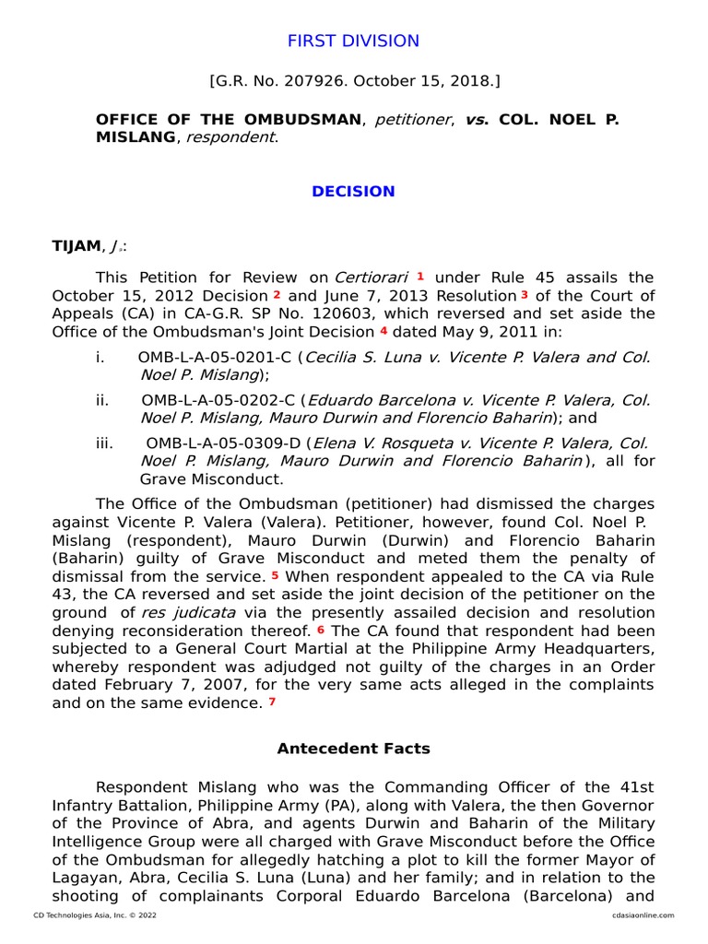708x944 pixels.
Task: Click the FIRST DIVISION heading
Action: pos(353,41)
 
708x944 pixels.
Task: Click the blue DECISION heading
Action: pos(353,192)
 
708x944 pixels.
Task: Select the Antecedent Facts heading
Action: pos(353,749)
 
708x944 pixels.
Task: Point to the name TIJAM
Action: pos(75,246)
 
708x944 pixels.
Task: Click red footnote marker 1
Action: pos(420,276)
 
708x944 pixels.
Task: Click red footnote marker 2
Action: pos(277,295)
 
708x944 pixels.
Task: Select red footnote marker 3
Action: pos(524,295)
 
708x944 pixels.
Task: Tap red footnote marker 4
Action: pos(383,331)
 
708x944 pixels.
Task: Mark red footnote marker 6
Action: pos(321,630)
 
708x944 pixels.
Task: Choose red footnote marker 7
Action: pos(272,702)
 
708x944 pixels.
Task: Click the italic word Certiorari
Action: pos(372,277)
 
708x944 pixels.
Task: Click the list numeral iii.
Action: pos(104,443)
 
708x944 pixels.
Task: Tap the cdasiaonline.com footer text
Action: pos(642,915)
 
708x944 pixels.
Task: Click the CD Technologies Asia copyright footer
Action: pos(87,915)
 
